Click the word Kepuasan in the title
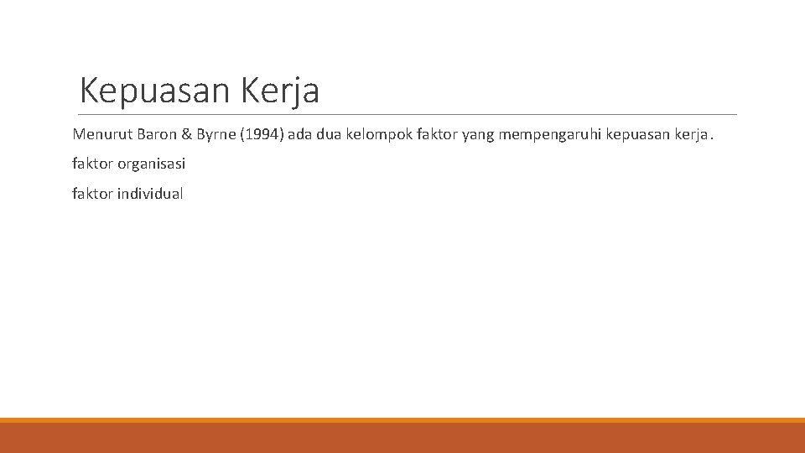pyautogui.click(x=156, y=91)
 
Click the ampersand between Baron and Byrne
pyautogui.click(x=186, y=134)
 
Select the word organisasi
pyautogui.click(x=151, y=164)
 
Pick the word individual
pyautogui.click(x=149, y=194)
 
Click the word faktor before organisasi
pyautogui.click(x=92, y=164)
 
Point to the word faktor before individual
pyautogui.click(x=92, y=194)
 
